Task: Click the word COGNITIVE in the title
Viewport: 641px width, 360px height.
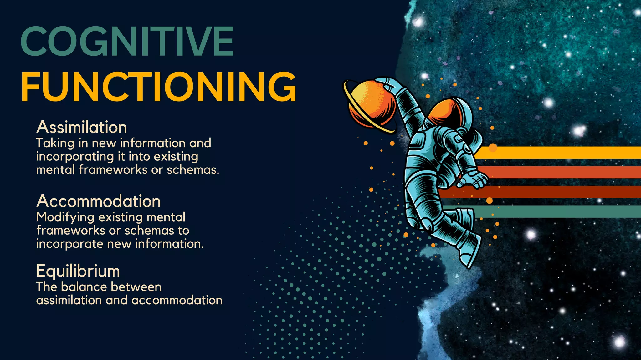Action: pyautogui.click(x=127, y=41)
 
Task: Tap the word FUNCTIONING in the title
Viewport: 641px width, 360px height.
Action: pyautogui.click(x=158, y=87)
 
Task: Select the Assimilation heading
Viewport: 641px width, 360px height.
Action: pyautogui.click(x=82, y=127)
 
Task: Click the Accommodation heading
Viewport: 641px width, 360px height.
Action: pyautogui.click(x=99, y=201)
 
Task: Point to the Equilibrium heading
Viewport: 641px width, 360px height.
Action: pyautogui.click(x=78, y=271)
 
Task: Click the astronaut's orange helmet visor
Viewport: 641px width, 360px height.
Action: pyautogui.click(x=444, y=111)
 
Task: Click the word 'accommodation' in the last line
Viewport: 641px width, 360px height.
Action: pyautogui.click(x=177, y=301)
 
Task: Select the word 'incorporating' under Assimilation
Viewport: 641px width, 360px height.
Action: pyautogui.click(x=75, y=157)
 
